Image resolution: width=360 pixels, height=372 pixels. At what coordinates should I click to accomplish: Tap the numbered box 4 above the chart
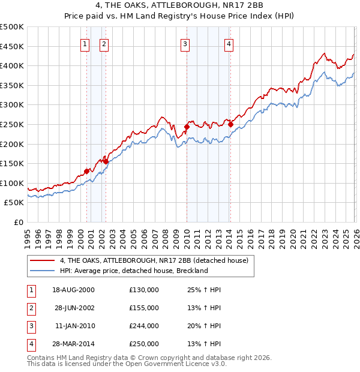click(x=229, y=43)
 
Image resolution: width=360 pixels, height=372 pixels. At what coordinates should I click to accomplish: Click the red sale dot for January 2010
click(x=187, y=127)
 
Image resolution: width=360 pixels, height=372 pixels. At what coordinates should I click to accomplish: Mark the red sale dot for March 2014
click(x=231, y=124)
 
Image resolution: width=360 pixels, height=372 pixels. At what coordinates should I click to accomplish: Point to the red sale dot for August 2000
click(x=87, y=171)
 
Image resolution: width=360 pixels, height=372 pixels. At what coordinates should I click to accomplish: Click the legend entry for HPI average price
click(x=133, y=271)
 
